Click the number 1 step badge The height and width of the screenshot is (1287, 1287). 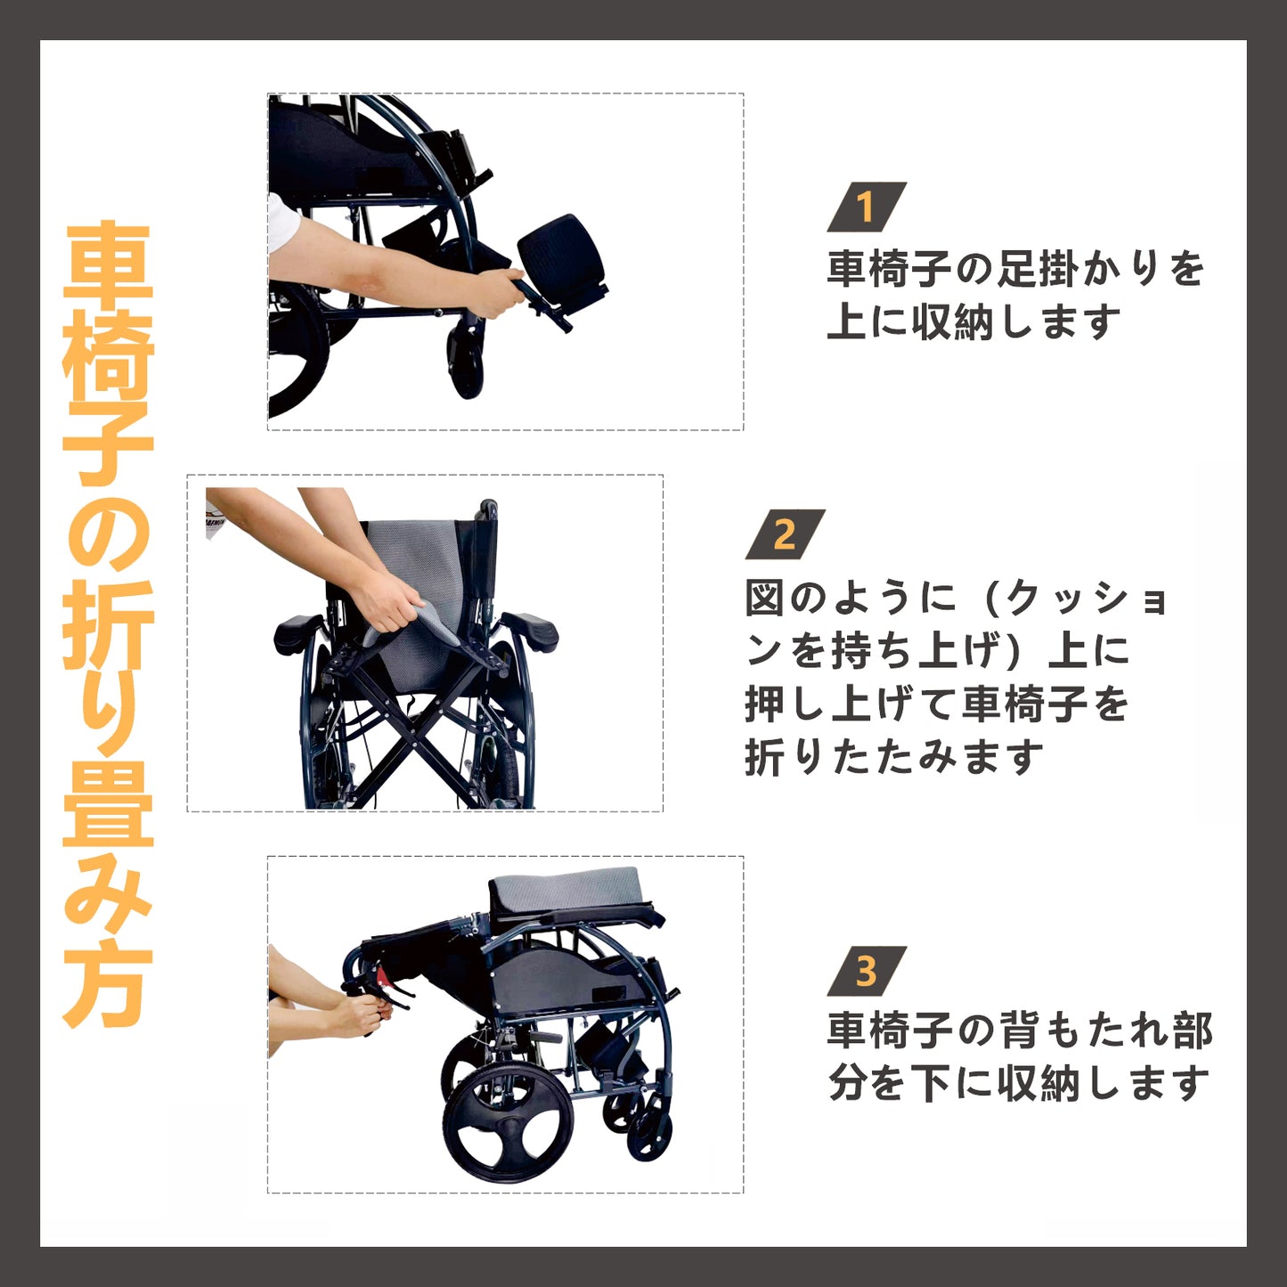pos(867,207)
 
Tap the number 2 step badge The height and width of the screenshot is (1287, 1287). pos(785,534)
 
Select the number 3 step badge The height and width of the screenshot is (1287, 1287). pos(867,971)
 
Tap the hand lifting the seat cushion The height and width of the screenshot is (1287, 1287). pos(386,602)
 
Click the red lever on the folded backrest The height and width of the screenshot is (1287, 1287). pos(383,976)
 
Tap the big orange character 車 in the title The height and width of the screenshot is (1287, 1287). pos(108,263)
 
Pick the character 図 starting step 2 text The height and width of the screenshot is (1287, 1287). pos(765,598)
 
